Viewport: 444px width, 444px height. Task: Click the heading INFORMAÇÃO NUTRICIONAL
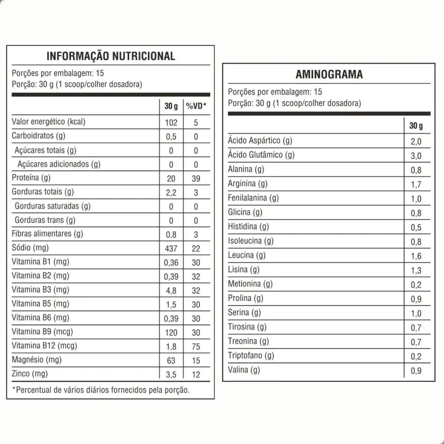coord(111,56)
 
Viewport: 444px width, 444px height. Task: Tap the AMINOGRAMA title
coord(329,74)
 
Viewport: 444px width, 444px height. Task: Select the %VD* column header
coord(196,107)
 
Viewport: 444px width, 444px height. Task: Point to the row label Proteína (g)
coord(31,178)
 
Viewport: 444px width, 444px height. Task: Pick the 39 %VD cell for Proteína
coord(196,179)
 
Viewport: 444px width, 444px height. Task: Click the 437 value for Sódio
coord(171,249)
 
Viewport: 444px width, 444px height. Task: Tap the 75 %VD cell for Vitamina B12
coord(196,347)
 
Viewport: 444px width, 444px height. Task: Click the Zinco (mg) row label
coord(30,374)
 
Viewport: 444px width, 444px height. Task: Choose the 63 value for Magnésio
coord(171,361)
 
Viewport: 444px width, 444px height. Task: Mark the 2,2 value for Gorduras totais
coord(171,193)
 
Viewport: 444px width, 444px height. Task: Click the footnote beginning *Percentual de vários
coord(101,390)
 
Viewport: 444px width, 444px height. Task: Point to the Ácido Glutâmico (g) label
coord(261,155)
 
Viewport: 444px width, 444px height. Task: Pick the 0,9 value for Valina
coord(416,371)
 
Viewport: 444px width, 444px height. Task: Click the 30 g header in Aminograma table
coord(416,126)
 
